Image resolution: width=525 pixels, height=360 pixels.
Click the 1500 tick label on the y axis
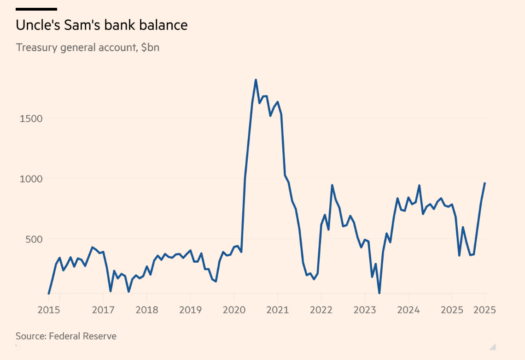pyautogui.click(x=31, y=118)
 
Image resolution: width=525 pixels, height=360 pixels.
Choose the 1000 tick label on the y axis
pyautogui.click(x=31, y=179)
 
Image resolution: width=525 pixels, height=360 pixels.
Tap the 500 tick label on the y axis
pyautogui.click(x=34, y=239)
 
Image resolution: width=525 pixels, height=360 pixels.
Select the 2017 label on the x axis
pyautogui.click(x=103, y=309)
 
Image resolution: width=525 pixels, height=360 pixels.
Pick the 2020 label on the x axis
pyautogui.click(x=234, y=309)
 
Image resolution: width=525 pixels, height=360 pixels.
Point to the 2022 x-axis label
pyautogui.click(x=321, y=309)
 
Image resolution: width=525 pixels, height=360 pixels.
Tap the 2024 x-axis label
pyautogui.click(x=408, y=309)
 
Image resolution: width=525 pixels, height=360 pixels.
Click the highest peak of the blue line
pyautogui.click(x=256, y=80)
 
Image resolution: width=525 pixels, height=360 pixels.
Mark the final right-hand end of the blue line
pyautogui.click(x=484, y=183)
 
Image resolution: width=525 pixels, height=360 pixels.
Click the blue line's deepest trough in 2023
pyautogui.click(x=379, y=293)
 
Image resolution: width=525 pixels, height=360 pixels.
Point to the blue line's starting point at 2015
pyautogui.click(x=48, y=293)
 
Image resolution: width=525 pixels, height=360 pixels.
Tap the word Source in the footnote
pyautogui.click(x=30, y=336)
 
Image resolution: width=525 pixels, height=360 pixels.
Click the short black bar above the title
pyautogui.click(x=36, y=9)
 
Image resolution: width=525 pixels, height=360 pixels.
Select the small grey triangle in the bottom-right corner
pyautogui.click(x=492, y=347)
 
